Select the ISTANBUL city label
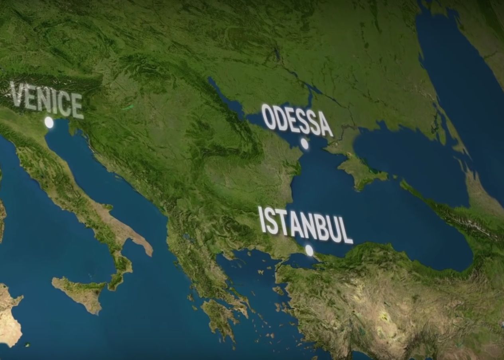(x=305, y=225)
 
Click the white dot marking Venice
(x=49, y=122)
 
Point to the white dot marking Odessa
(x=305, y=144)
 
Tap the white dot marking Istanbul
(x=309, y=250)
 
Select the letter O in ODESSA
(x=269, y=117)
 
